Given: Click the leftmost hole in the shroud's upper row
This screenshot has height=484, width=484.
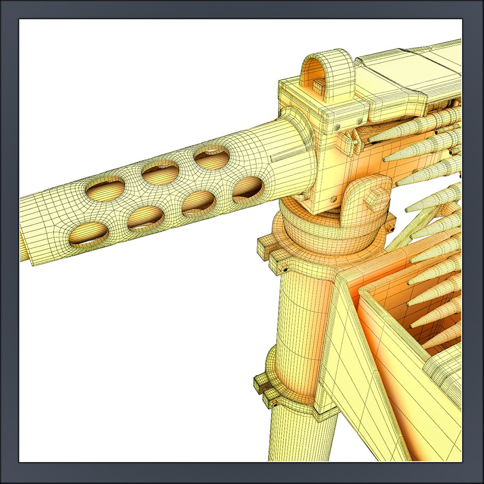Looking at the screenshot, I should pos(104,189).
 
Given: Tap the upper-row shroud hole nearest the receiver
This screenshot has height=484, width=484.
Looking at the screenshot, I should pos(212,158).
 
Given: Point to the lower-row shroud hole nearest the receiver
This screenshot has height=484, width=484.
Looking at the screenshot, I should pos(247,188).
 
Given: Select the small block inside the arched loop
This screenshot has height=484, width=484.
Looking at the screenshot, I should pos(319,87).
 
